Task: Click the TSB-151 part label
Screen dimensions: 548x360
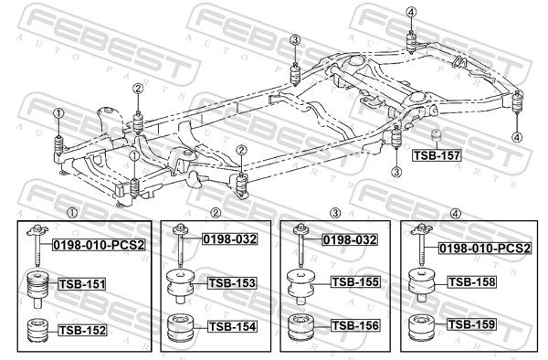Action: [x=82, y=284]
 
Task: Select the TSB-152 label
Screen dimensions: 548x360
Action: [x=82, y=330]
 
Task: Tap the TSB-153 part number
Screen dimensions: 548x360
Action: [x=232, y=282]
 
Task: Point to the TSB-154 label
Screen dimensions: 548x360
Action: [x=232, y=326]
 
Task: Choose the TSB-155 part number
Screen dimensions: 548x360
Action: [x=355, y=281]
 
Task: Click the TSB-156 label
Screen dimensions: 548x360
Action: [x=355, y=325]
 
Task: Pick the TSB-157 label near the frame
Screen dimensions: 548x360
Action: [x=437, y=155]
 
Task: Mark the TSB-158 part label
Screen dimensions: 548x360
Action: [x=472, y=281]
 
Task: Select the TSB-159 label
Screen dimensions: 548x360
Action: [x=472, y=324]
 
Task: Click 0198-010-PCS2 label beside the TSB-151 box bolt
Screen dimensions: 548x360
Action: [x=99, y=245]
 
